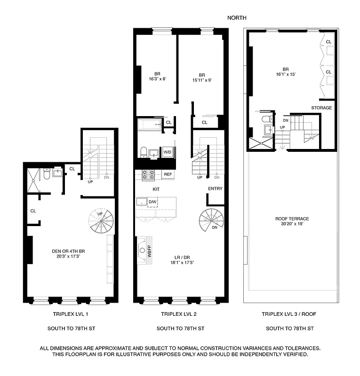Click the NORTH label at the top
237,18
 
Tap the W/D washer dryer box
167,152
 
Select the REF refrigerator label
168,174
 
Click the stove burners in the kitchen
149,175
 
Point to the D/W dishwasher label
152,202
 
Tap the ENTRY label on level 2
216,189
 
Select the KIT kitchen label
156,189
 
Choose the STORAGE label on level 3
321,108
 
